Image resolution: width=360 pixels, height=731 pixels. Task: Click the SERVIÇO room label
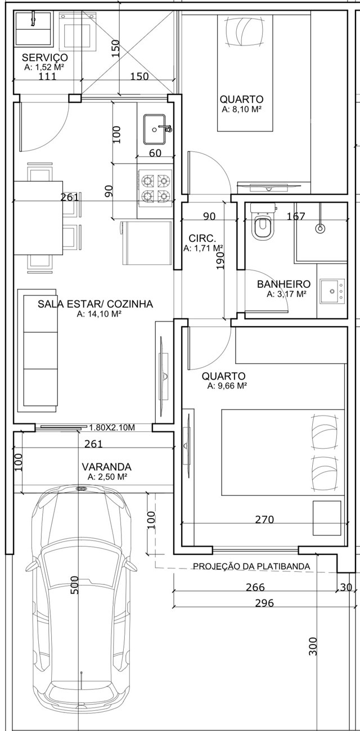[44, 58]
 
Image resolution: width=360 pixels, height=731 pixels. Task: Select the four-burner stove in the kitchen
[155, 188]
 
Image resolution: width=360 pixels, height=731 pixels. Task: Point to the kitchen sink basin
[155, 129]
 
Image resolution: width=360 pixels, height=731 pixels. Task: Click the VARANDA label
[106, 467]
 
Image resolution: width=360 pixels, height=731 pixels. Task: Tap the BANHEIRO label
[283, 284]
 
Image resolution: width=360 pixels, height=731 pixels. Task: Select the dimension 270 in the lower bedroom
[264, 519]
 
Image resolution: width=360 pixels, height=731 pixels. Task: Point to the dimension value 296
[264, 603]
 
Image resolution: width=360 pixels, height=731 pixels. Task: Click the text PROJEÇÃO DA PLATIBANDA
[251, 566]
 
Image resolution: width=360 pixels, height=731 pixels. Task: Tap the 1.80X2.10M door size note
[112, 427]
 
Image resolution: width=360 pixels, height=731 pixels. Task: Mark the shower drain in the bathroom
[321, 228]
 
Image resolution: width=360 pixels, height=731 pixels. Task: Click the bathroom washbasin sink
[332, 291]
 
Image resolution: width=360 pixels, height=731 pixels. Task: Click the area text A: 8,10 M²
[241, 109]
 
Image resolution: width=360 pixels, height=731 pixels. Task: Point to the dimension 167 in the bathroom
[296, 216]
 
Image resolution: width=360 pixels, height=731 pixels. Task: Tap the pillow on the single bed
[245, 31]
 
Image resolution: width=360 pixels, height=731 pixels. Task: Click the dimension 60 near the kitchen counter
[155, 153]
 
